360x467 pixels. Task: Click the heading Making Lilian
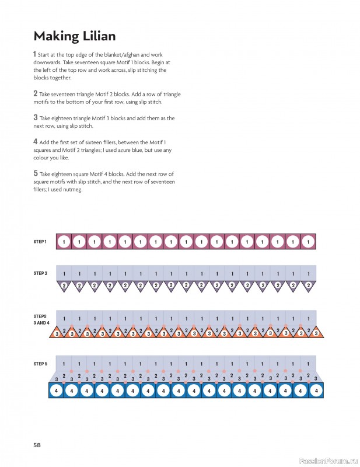[x=74, y=36]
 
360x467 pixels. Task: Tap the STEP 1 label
[x=40, y=241]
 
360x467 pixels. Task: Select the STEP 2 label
[x=40, y=273]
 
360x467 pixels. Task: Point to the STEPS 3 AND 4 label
[x=41, y=319]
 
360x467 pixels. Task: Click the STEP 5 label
[x=40, y=363]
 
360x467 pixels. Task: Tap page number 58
[x=37, y=445]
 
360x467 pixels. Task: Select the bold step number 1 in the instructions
[x=35, y=54]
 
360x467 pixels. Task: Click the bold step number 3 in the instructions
[x=36, y=117]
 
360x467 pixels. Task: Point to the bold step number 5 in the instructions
[x=36, y=173]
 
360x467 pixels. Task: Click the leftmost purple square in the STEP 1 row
[x=64, y=241]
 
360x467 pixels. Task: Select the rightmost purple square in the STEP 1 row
[x=309, y=241]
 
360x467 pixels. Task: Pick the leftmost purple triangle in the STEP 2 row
[x=64, y=285]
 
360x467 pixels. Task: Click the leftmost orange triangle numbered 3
[x=57, y=333]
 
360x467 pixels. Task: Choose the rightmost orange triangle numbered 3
[x=316, y=333]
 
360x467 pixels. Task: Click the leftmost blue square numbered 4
[x=56, y=391]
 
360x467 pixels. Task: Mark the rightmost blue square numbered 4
[x=316, y=391]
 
